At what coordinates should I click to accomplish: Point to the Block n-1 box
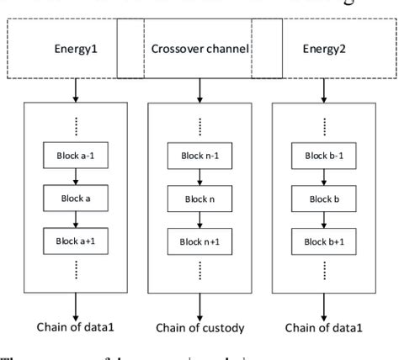[x=199, y=156]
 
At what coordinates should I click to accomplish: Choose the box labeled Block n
[x=199, y=199]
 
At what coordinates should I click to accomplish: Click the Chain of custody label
[x=199, y=327]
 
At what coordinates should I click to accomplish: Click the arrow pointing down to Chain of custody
[x=199, y=302]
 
